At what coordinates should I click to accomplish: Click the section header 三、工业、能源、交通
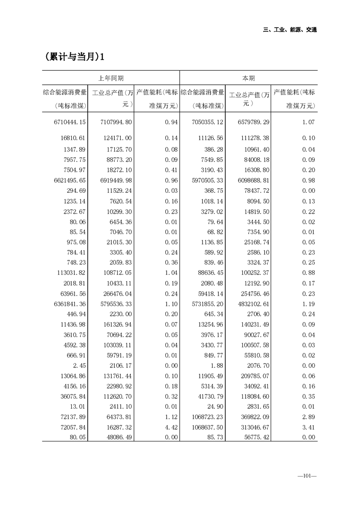tap(290, 30)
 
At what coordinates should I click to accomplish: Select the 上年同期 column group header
tap(111, 78)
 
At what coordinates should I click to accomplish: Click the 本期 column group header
tap(248, 78)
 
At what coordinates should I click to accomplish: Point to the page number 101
tap(307, 476)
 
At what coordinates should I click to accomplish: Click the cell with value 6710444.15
tap(69, 122)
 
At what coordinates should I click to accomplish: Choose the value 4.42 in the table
tap(170, 427)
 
